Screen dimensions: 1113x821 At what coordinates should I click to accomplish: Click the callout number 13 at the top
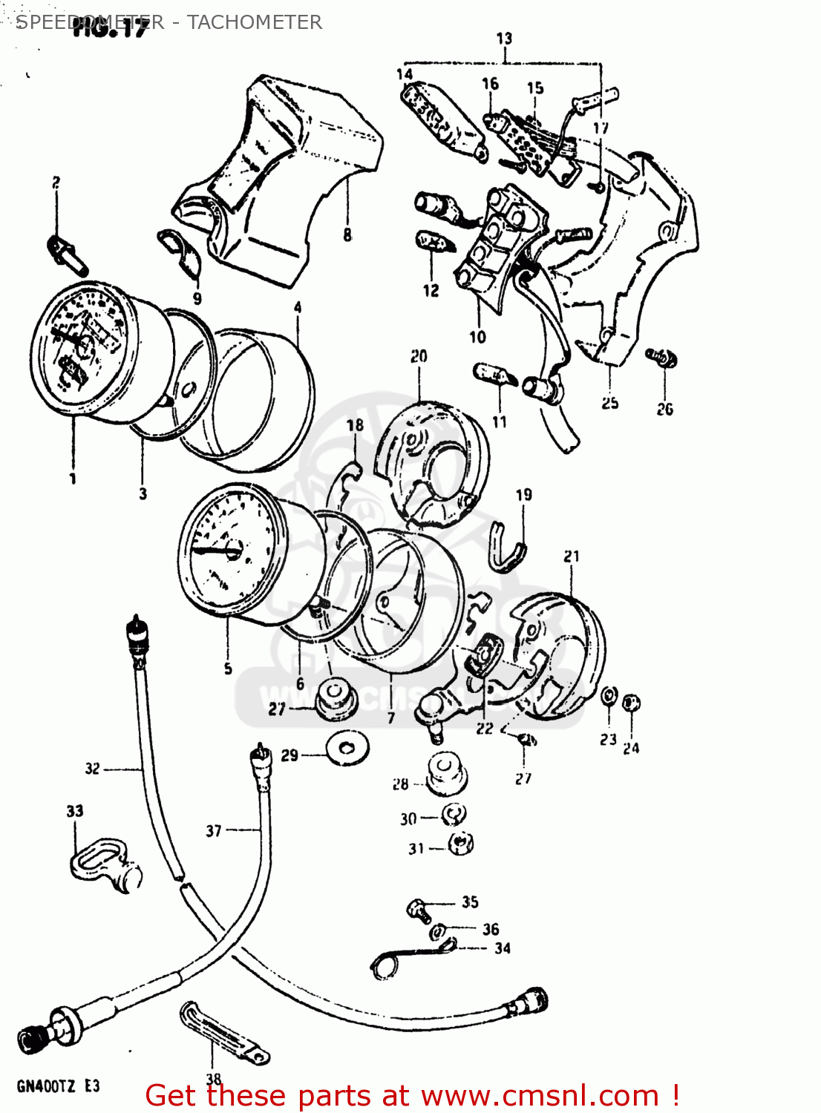click(x=504, y=38)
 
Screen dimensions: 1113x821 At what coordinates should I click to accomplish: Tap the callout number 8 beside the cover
click(x=347, y=235)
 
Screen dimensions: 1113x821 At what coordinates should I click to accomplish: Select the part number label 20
click(x=419, y=356)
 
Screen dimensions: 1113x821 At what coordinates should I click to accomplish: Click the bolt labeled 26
click(x=661, y=358)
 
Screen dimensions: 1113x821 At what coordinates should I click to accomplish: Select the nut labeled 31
click(x=461, y=844)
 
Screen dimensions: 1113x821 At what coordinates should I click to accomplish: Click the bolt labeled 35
click(x=418, y=909)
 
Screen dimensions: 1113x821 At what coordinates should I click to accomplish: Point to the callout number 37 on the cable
click(x=214, y=830)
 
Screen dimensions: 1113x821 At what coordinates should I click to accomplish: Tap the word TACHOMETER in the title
click(x=254, y=22)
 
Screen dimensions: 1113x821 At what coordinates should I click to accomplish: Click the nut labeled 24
click(x=631, y=702)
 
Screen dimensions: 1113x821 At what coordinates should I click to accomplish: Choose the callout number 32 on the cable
click(x=92, y=768)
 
